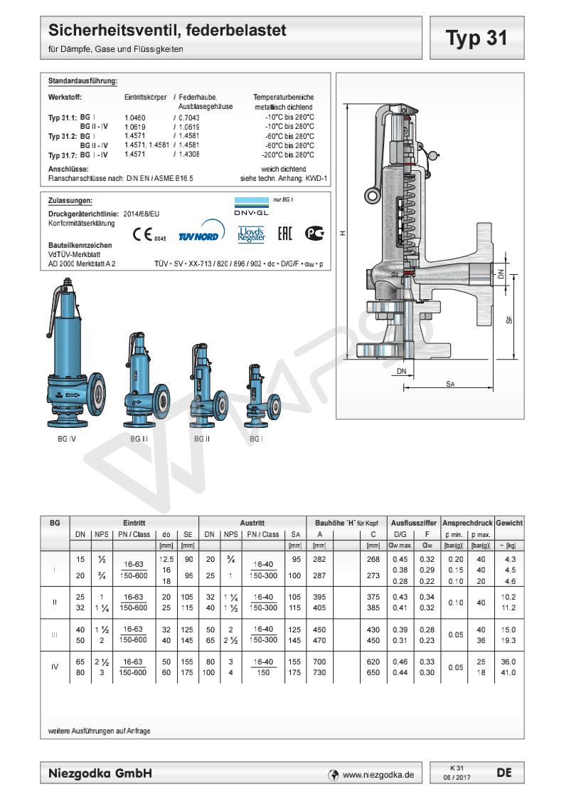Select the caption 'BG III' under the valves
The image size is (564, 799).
pyautogui.click(x=139, y=439)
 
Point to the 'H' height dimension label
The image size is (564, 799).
pyautogui.click(x=342, y=233)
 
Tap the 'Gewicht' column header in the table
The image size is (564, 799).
pyautogui.click(x=509, y=523)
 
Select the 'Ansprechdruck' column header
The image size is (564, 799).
pyautogui.click(x=467, y=523)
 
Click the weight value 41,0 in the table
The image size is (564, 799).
pyautogui.click(x=509, y=672)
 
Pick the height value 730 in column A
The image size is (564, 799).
pyautogui.click(x=320, y=672)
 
